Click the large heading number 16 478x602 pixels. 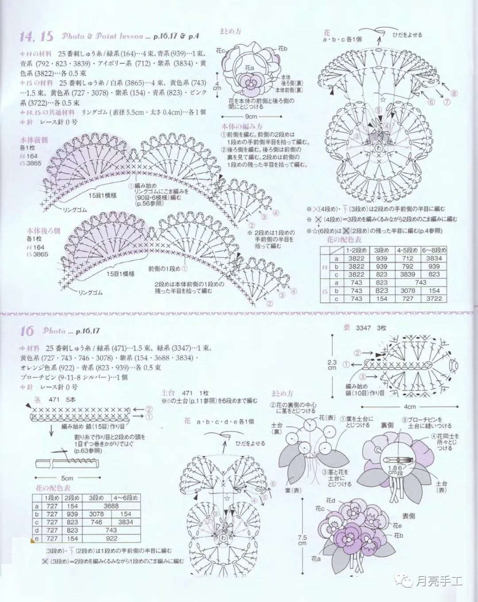(28, 331)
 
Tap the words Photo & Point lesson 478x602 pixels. (103, 36)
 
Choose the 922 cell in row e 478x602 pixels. (111, 538)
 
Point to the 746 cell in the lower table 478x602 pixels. (96, 522)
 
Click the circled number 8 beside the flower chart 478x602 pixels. (453, 93)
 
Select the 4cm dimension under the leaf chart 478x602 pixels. (409, 406)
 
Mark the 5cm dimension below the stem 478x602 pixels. (67, 479)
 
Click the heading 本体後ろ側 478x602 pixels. (44, 231)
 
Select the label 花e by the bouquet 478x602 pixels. (397, 526)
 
